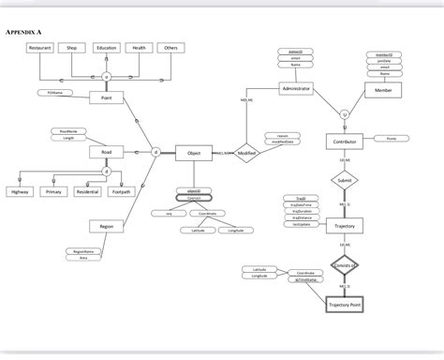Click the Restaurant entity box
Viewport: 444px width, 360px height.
40,48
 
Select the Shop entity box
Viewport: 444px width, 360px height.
71,48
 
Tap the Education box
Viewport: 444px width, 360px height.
106,48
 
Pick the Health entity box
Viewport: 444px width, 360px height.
139,48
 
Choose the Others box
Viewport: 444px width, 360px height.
170,48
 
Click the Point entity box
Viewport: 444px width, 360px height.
106,97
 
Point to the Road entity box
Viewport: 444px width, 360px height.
106,152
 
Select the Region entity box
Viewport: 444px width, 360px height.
106,226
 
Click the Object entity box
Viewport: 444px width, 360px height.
194,153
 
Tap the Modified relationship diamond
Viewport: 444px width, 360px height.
247,153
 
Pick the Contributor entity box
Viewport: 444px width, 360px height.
344,142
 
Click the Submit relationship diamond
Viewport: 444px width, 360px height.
344,179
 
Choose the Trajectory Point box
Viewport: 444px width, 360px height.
344,306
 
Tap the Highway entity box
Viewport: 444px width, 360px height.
20,191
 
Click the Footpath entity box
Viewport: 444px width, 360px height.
121,191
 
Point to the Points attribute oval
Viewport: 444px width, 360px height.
391,139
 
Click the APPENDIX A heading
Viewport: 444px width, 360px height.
25,31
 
